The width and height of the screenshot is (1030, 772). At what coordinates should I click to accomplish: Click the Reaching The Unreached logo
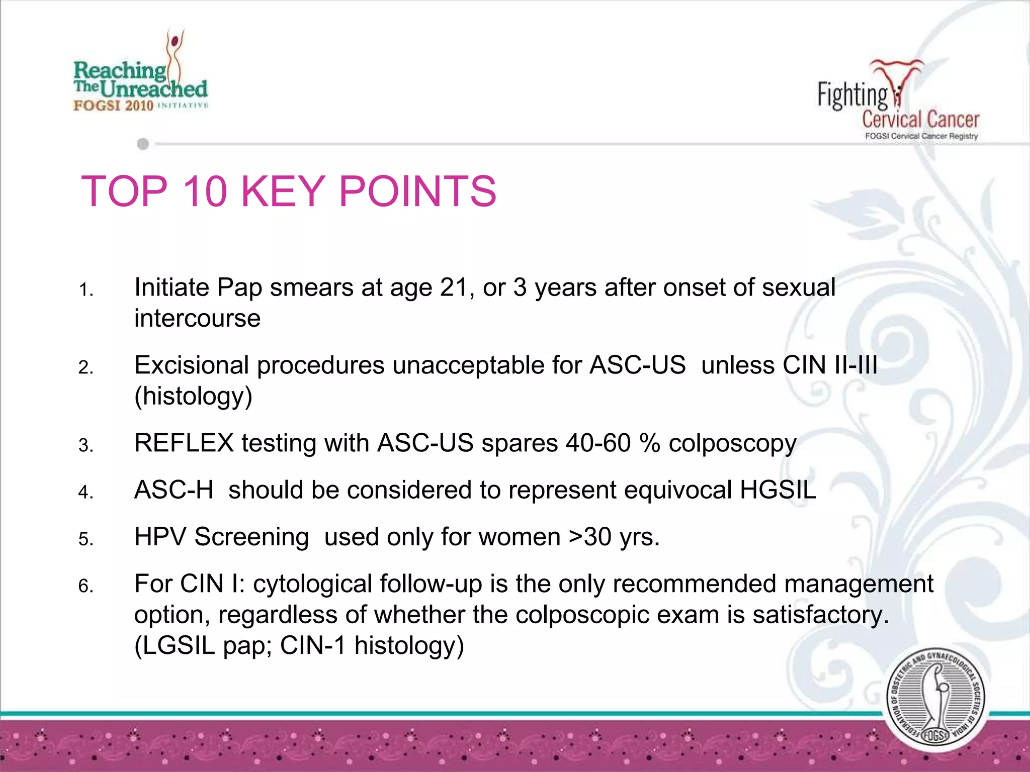(x=140, y=75)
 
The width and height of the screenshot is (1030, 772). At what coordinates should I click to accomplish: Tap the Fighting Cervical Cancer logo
(x=898, y=101)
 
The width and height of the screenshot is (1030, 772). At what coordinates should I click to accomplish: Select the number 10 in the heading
(x=205, y=191)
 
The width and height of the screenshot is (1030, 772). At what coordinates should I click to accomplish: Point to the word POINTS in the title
(x=417, y=191)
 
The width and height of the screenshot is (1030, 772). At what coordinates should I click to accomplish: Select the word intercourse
(x=197, y=319)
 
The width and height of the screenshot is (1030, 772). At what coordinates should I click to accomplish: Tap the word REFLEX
(x=184, y=443)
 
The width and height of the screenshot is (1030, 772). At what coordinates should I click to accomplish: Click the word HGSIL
(x=778, y=490)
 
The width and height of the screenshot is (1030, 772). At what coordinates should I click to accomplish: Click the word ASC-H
(x=174, y=490)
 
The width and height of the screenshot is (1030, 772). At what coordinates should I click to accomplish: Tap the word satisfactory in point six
(x=820, y=615)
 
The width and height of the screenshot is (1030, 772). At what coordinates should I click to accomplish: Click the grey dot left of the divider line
(x=143, y=144)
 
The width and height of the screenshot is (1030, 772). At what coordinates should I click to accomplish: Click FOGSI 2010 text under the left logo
(x=113, y=106)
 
